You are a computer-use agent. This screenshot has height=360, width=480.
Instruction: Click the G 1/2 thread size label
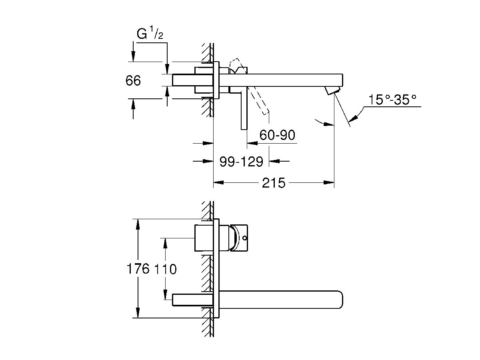[150, 35]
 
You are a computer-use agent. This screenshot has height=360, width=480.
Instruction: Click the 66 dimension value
[133, 81]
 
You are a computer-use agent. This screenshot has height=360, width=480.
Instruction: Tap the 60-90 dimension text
[277, 135]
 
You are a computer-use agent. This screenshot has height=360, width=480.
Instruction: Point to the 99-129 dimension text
[241, 161]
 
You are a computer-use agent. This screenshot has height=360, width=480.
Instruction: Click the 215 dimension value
[274, 183]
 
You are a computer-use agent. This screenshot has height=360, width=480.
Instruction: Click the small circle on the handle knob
[244, 239]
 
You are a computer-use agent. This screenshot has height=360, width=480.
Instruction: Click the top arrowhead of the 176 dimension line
[138, 223]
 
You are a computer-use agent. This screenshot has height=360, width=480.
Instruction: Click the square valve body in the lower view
[206, 238]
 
